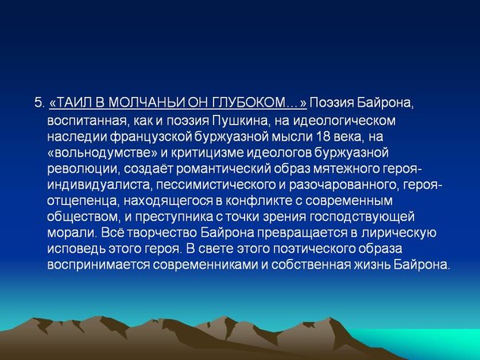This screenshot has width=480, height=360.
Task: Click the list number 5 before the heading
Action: pos(40,103)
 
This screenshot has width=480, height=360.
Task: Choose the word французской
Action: pos(150,137)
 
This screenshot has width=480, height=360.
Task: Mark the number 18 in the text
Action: pos(321,137)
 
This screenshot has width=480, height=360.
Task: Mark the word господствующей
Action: pos(362,217)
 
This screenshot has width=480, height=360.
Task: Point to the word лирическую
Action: pos(399,234)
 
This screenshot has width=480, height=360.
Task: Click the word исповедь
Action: pos(76,250)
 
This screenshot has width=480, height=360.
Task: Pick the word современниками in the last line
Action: pos(205,265)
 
